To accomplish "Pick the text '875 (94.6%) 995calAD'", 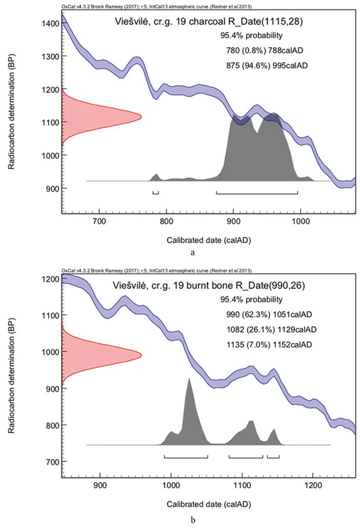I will tap(265, 66).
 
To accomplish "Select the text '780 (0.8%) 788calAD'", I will tap(264, 50).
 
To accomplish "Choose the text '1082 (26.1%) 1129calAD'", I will tap(269, 329).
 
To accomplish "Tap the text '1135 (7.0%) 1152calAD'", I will tap(267, 344).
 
